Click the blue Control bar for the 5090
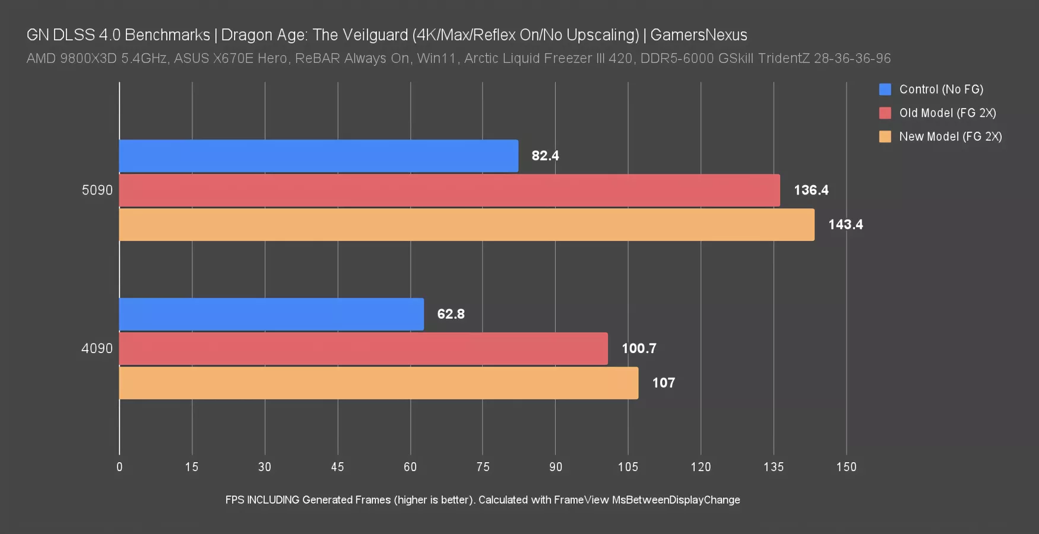[x=318, y=156]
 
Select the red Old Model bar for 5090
[x=449, y=190]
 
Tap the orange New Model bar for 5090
[x=467, y=225]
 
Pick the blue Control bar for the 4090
[x=271, y=314]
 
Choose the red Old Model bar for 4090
[x=363, y=349]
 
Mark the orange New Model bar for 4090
[x=379, y=383]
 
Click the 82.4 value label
[x=545, y=156]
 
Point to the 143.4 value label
[x=845, y=225]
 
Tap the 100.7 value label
[x=639, y=349]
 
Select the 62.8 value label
[x=451, y=314]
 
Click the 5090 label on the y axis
[x=97, y=190]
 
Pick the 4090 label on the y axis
[x=97, y=349]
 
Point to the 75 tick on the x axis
[x=483, y=467]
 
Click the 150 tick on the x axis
[x=846, y=467]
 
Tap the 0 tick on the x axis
[x=119, y=467]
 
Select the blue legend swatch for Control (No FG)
[x=885, y=90]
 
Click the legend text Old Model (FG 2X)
[x=948, y=113]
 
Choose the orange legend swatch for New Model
[x=885, y=136]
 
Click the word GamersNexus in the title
[x=698, y=35]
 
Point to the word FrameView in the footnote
[x=581, y=500]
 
